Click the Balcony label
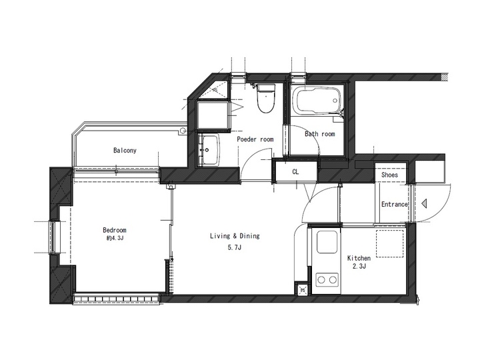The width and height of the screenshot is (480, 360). (x=125, y=151)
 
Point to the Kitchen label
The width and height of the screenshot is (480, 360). (x=359, y=258)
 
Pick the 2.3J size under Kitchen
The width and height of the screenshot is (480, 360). (x=359, y=267)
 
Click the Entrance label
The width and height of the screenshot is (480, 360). (x=394, y=205)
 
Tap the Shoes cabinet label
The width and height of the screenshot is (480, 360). (x=390, y=175)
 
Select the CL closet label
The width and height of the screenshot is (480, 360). (x=295, y=171)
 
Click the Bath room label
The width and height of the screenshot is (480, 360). (x=319, y=134)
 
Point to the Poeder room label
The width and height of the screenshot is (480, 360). (x=255, y=139)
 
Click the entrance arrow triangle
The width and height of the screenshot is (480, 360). (x=425, y=204)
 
